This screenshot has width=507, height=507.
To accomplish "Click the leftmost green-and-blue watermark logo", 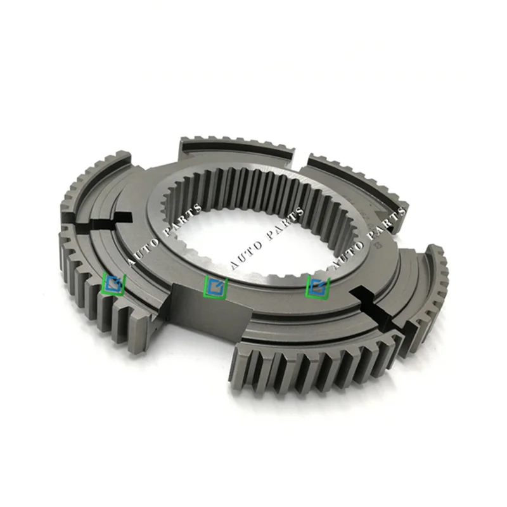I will [115, 283].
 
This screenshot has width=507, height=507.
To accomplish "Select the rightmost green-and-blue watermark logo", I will [318, 286].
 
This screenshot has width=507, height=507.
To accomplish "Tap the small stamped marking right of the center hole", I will [380, 243].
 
